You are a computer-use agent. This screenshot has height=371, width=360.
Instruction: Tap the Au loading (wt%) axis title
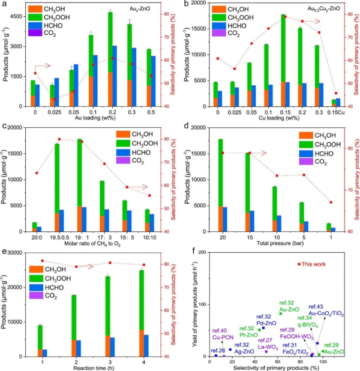pyautogui.click(x=91, y=118)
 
